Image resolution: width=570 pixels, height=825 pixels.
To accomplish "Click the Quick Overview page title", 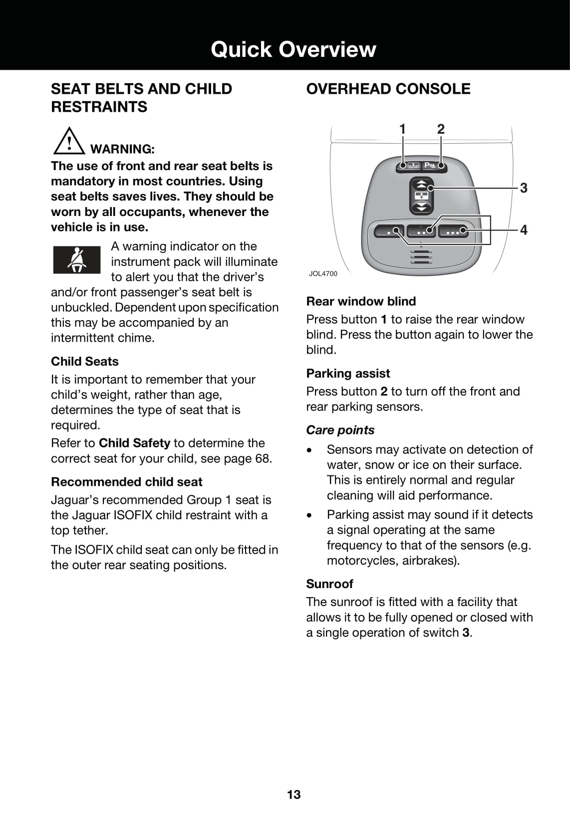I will pos(293,49).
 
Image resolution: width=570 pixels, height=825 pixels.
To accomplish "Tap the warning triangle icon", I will pos(69,141).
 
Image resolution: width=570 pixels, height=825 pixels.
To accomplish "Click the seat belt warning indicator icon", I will pos(77,259).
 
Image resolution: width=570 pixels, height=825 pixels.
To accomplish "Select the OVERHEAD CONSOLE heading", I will pos(388,89).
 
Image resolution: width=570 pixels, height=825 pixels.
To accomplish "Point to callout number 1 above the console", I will pos(402,129).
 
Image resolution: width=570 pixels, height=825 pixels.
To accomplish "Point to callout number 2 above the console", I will pos(441,129).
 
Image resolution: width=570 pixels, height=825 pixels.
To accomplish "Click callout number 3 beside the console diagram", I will pos(524,188).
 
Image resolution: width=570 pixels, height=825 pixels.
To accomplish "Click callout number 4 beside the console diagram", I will pos(524,230).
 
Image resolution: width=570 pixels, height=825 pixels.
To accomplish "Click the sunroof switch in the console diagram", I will pos(421,195).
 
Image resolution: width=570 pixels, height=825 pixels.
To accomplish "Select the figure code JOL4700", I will pos(323,273).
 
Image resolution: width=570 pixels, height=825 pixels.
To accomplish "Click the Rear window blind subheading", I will pos(361,301).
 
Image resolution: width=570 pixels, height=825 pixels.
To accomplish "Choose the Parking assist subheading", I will pos(348,373).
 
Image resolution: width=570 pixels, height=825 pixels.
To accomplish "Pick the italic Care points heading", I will pos(340,430).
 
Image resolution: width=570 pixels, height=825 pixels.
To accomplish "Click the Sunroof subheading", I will pos(329,584).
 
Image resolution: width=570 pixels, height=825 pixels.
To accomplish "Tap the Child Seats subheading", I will pos(84,361).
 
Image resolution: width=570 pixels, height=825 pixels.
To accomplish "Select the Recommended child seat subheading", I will pos(126,482).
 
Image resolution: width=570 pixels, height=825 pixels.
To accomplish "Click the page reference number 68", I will pos(262,458).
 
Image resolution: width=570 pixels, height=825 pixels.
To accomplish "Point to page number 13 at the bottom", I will pos(293,795).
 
